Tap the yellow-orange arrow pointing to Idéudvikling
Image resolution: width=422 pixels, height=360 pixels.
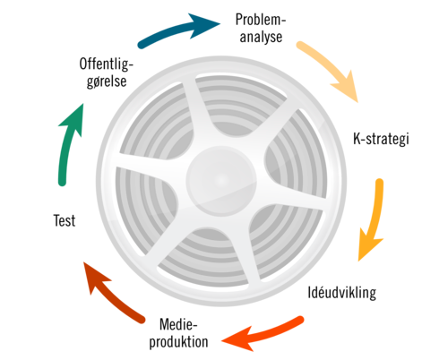(x=375, y=218)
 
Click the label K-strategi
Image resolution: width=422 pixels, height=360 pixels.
(x=381, y=139)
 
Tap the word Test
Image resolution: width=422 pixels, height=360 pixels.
(x=65, y=220)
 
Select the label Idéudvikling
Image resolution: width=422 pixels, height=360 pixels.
(x=342, y=292)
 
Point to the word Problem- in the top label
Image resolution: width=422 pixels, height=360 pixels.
(x=261, y=20)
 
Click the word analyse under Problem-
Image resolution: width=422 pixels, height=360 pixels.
(x=261, y=37)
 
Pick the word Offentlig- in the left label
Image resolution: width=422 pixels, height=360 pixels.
(x=107, y=64)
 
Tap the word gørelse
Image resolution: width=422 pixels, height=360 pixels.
(x=107, y=81)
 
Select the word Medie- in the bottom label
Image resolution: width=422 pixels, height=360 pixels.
(x=178, y=324)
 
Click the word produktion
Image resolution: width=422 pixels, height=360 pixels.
(x=178, y=342)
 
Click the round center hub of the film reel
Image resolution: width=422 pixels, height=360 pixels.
(x=221, y=180)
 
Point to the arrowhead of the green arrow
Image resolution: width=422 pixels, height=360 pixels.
(x=73, y=119)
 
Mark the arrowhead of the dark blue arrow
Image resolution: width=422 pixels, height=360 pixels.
(x=202, y=25)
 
